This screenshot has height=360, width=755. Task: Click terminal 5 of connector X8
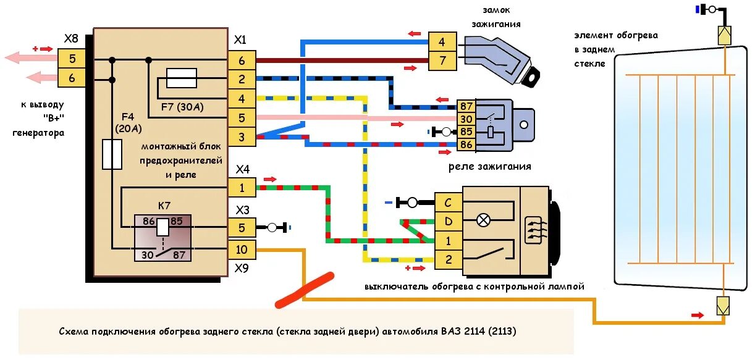pos(72,59)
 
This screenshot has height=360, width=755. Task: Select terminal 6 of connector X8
pos(72,78)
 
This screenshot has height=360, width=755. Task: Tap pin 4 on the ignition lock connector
pos(442,43)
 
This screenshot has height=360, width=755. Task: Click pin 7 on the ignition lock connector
pos(442,61)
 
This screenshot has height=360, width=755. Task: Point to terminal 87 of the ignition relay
pos(466,106)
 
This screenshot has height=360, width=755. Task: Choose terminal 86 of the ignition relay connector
pos(466,144)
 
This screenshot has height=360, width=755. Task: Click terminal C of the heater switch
pos(448,203)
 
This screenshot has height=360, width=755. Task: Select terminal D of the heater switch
pos(448,222)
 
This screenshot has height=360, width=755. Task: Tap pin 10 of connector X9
pos(242,249)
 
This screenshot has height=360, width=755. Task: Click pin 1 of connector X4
pos(242,187)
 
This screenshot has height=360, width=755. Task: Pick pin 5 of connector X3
pos(242,227)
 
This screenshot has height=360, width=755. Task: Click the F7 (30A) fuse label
pos(182,107)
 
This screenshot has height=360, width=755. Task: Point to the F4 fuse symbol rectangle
pos(112,154)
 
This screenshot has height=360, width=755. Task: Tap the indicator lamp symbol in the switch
pos(484,219)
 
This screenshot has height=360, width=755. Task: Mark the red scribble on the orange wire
pos(305,289)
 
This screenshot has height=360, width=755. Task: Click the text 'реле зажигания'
pos(490,167)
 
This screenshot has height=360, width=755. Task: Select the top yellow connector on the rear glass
pos(722,35)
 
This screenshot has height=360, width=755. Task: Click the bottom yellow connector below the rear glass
pos(720,305)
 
